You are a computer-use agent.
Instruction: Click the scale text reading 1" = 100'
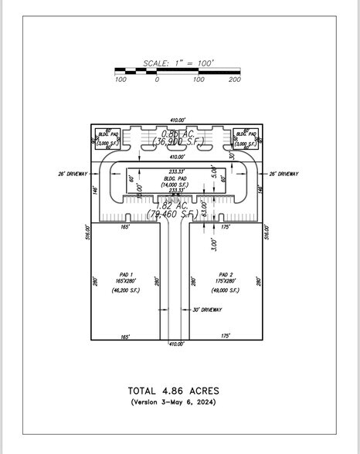tap(178, 63)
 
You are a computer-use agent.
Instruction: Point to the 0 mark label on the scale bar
tap(157, 80)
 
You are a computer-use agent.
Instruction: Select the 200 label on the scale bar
tap(235, 80)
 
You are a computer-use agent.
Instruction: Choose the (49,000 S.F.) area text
tap(226, 290)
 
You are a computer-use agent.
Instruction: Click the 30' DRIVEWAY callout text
tap(207, 310)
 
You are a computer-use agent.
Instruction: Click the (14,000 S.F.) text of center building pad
tap(175, 185)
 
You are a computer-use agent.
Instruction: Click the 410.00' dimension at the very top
tap(178, 120)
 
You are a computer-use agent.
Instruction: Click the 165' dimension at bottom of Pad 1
tap(125, 336)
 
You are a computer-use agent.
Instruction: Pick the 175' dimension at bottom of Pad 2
tap(226, 336)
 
